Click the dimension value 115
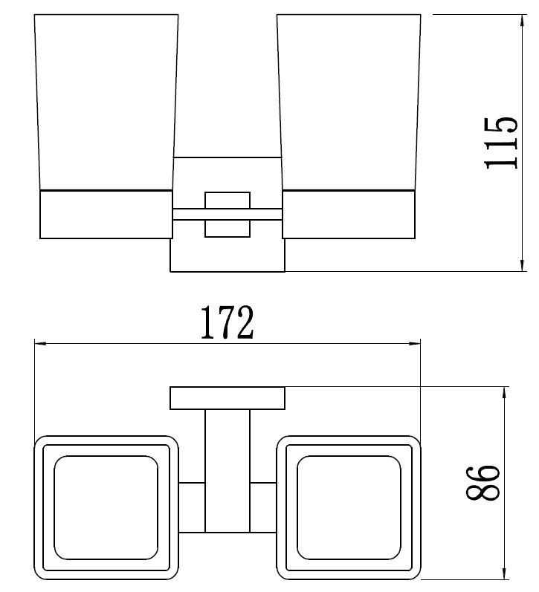point(500,143)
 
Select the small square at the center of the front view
point(227,215)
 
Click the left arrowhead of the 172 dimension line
point(41,343)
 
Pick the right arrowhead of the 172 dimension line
point(415,343)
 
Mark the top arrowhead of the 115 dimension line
point(523,19)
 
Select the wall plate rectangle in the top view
point(227,398)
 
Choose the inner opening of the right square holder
point(349,508)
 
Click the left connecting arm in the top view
point(190,507)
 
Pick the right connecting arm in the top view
point(263,507)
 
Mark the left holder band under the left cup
point(104,215)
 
